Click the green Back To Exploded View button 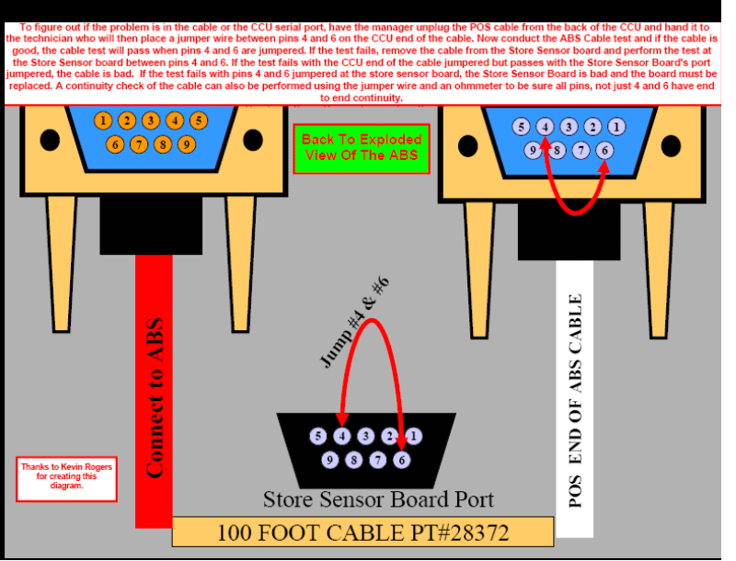coord(362,148)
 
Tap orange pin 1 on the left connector coord(104,121)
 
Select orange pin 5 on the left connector coord(199,120)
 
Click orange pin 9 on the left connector coord(187,144)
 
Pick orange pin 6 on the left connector coord(115,144)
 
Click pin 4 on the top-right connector coord(546,127)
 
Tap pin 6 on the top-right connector coord(604,150)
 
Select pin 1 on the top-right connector coord(616,127)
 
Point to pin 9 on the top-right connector coord(532,150)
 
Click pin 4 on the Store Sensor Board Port coord(342,436)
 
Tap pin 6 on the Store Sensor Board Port coord(401,459)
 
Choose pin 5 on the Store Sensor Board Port coord(318,436)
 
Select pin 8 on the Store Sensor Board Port coord(353,459)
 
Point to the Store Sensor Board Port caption coord(378,499)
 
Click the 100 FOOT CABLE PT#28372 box coord(362,532)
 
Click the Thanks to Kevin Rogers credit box coord(66,478)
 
